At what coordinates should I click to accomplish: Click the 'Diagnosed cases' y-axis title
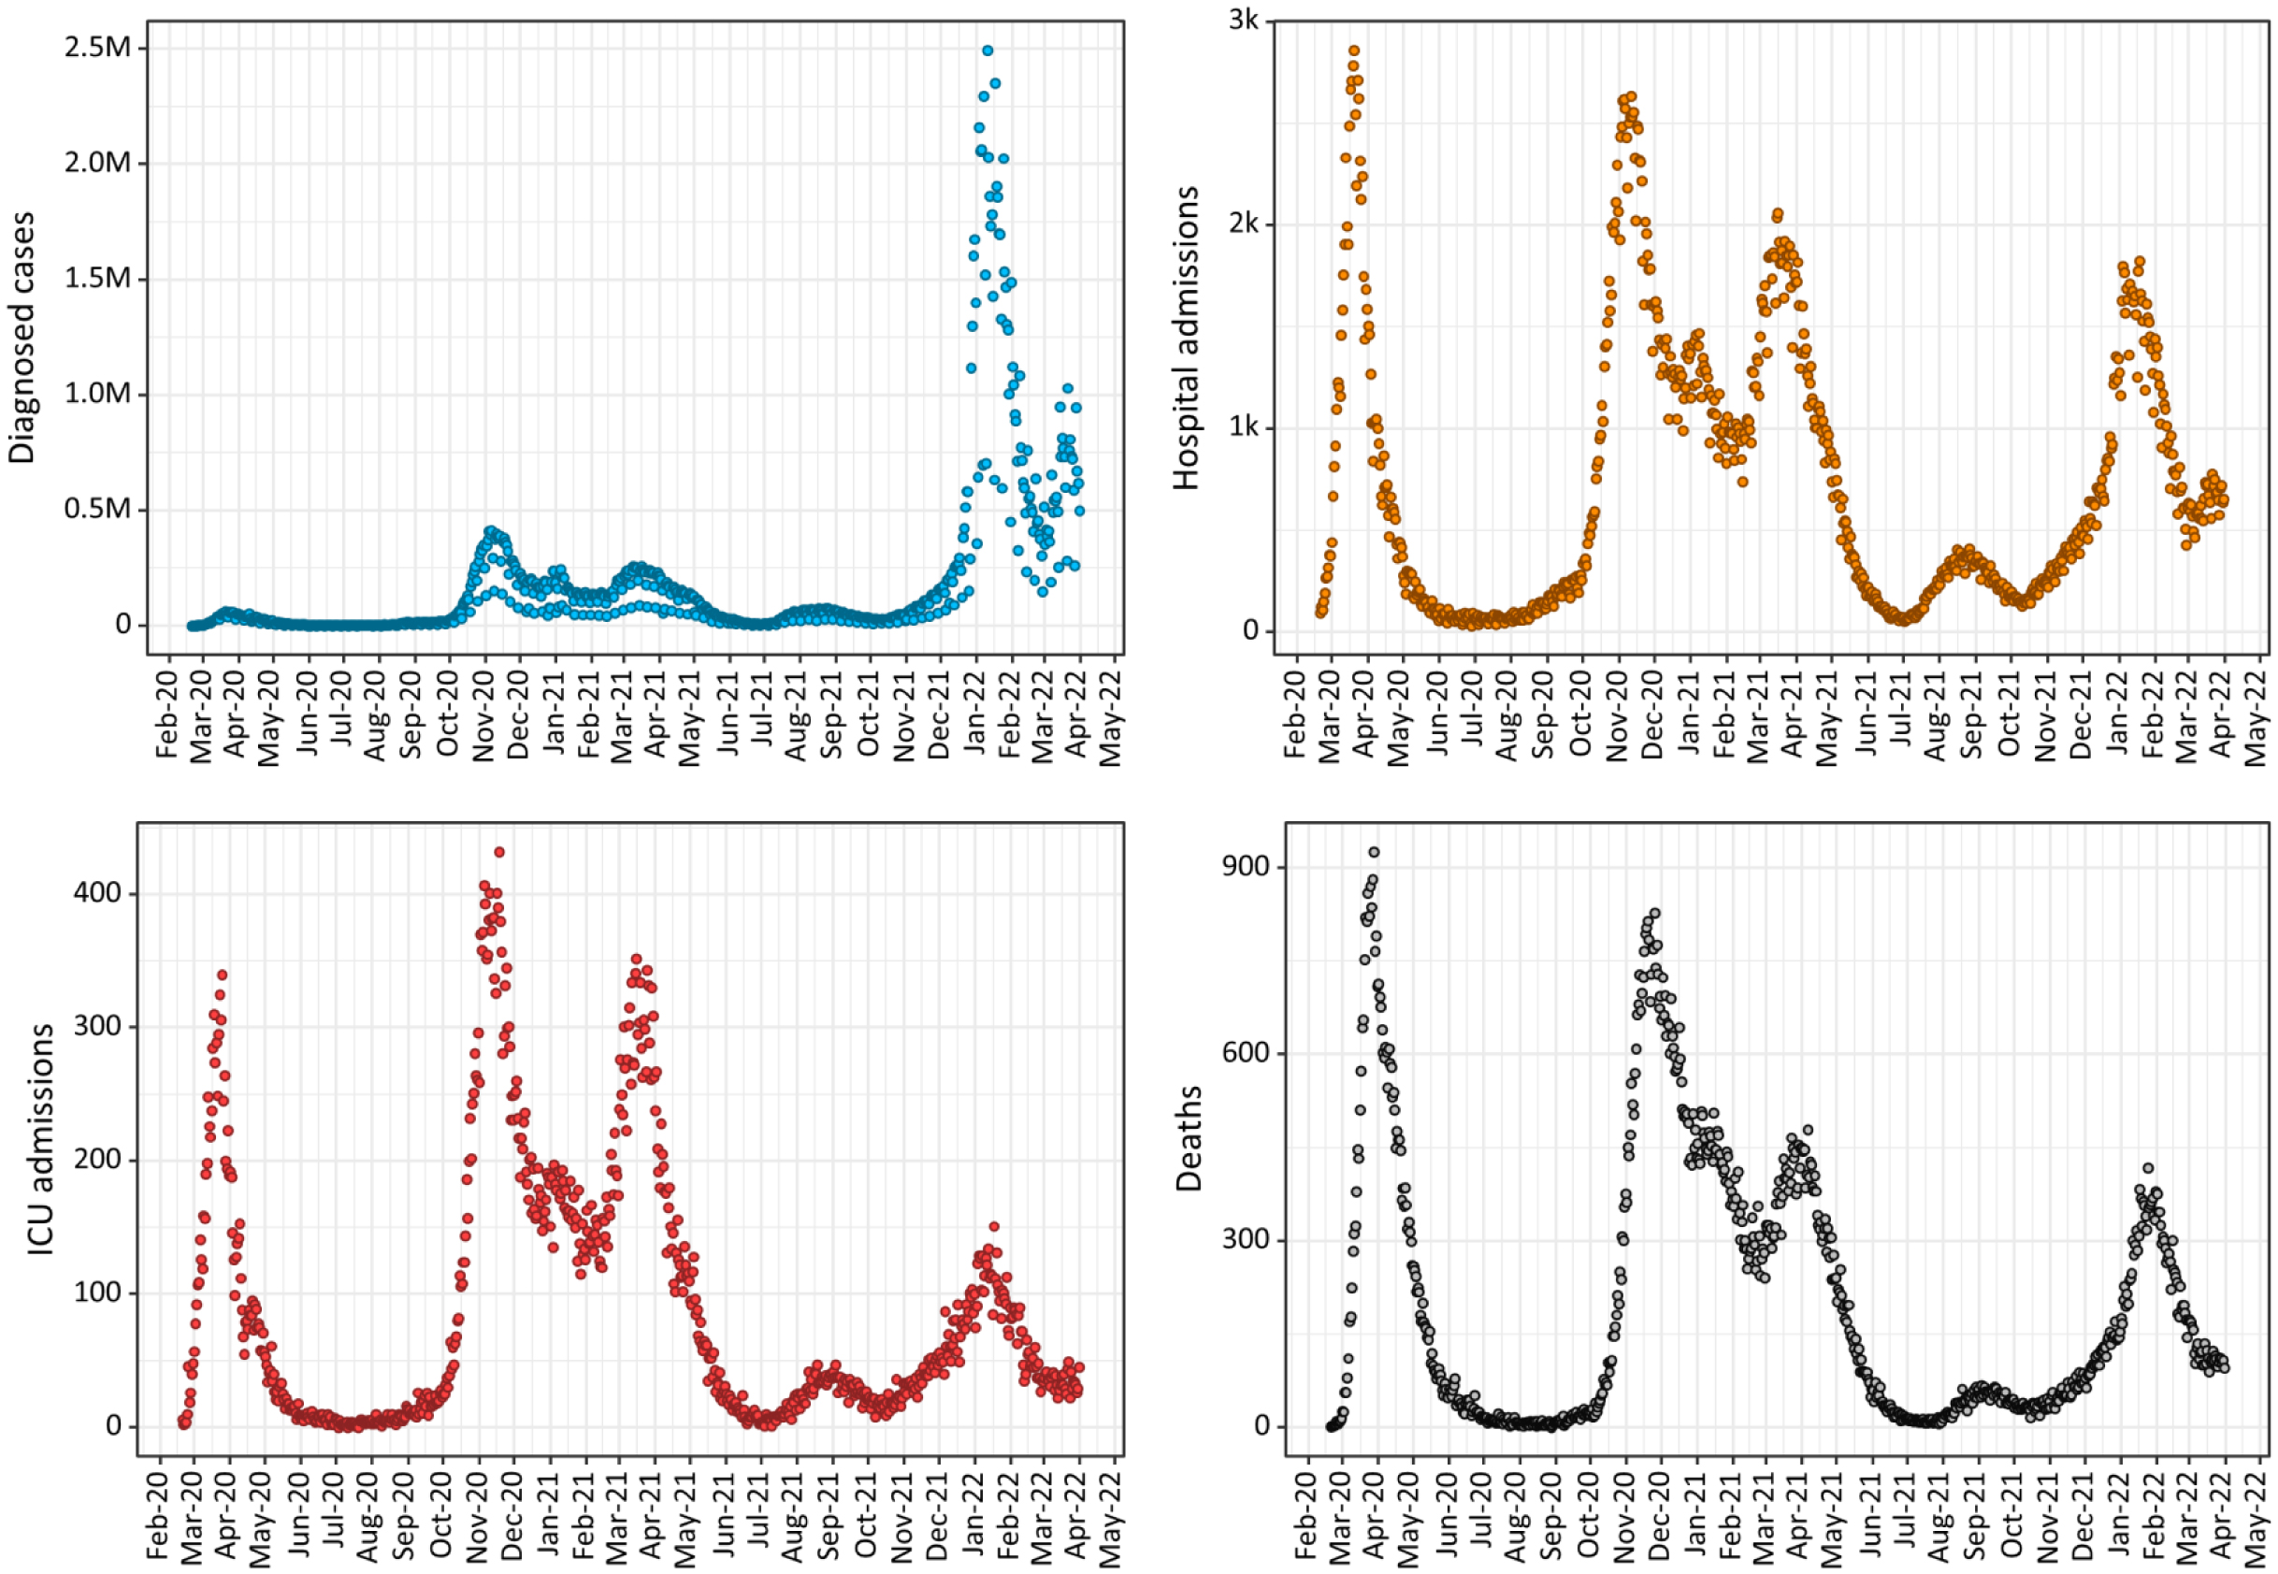tap(22, 338)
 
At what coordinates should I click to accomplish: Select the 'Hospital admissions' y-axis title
tap(1187, 338)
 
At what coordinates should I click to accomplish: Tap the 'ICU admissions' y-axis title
tap(39, 1139)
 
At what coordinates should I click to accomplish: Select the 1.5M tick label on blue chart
tap(97, 277)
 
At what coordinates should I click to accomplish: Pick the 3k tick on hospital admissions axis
tap(1243, 20)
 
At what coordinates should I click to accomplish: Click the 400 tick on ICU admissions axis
tap(96, 892)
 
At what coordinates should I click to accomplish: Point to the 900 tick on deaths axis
tap(1247, 867)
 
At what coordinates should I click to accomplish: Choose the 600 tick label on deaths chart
tap(1247, 1052)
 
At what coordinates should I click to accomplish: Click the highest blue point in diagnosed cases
tap(988, 51)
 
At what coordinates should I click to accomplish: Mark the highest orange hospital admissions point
tap(1354, 51)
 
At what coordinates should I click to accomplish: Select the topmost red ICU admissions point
tap(499, 852)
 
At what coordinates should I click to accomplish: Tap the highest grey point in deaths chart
tap(1374, 852)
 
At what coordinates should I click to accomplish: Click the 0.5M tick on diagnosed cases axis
tap(97, 509)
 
